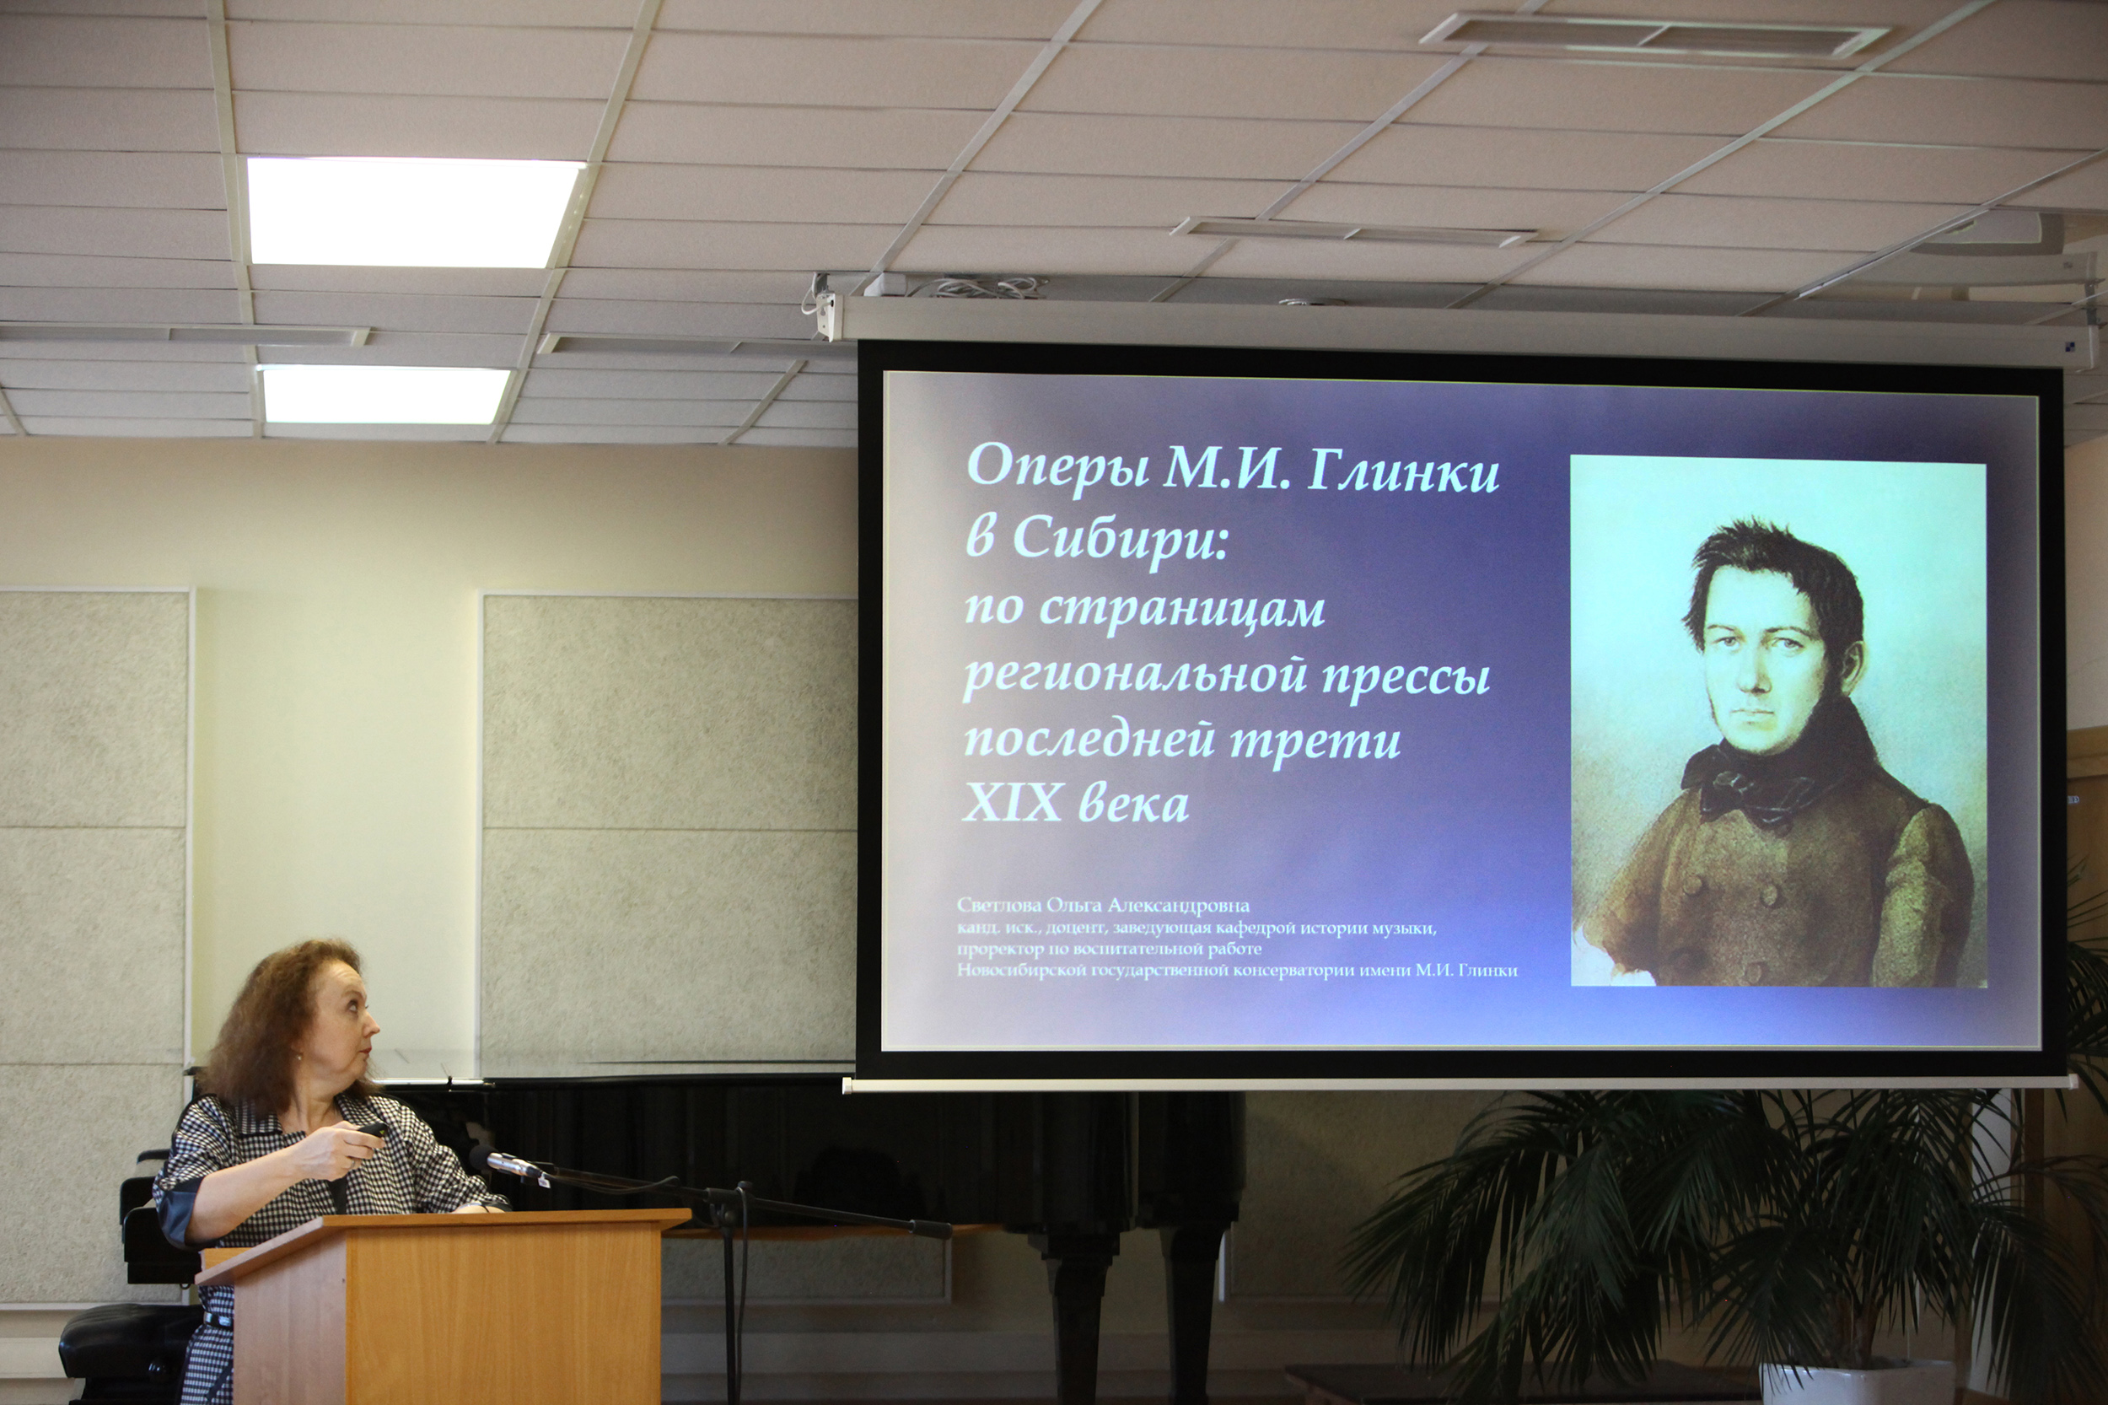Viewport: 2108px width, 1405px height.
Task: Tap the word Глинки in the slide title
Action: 1403,470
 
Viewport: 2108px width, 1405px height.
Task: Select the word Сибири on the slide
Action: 1120,540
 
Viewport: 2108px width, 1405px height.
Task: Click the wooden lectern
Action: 444,1304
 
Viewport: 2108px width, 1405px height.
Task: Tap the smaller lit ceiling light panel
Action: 385,395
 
